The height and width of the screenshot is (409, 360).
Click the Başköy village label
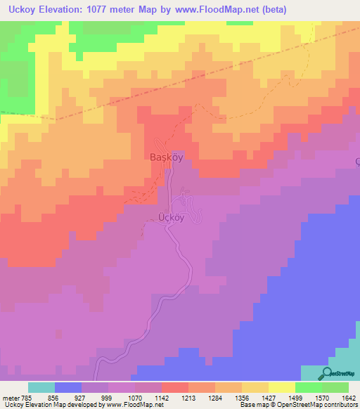(166, 158)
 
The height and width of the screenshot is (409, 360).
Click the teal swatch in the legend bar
(41, 387)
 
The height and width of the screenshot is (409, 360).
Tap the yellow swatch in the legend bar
(282, 387)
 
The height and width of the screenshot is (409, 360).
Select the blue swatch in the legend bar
(68, 387)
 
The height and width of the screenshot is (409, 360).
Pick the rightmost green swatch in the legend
(335, 387)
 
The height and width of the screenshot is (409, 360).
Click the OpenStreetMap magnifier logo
(327, 374)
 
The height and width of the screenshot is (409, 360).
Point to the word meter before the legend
(11, 397)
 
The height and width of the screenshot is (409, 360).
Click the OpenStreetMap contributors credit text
(323, 405)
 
